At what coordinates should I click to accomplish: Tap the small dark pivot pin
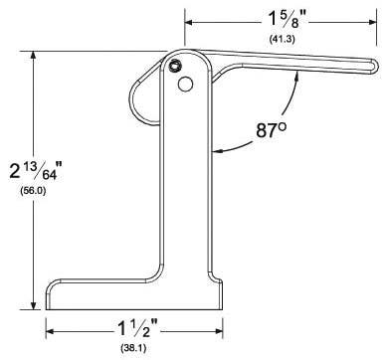175,67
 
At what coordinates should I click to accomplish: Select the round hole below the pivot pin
185,85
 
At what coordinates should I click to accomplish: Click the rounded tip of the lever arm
373,66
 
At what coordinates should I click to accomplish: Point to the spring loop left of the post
146,94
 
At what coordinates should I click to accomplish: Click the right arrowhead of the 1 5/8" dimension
373,19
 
